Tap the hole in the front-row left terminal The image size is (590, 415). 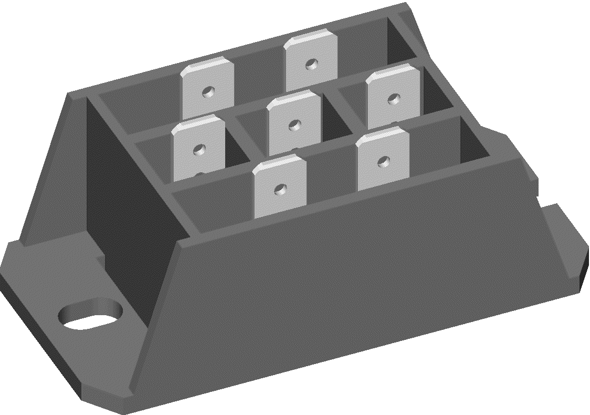click(x=281, y=187)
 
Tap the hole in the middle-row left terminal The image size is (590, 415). click(x=198, y=150)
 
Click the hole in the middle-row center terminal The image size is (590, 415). click(x=294, y=125)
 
